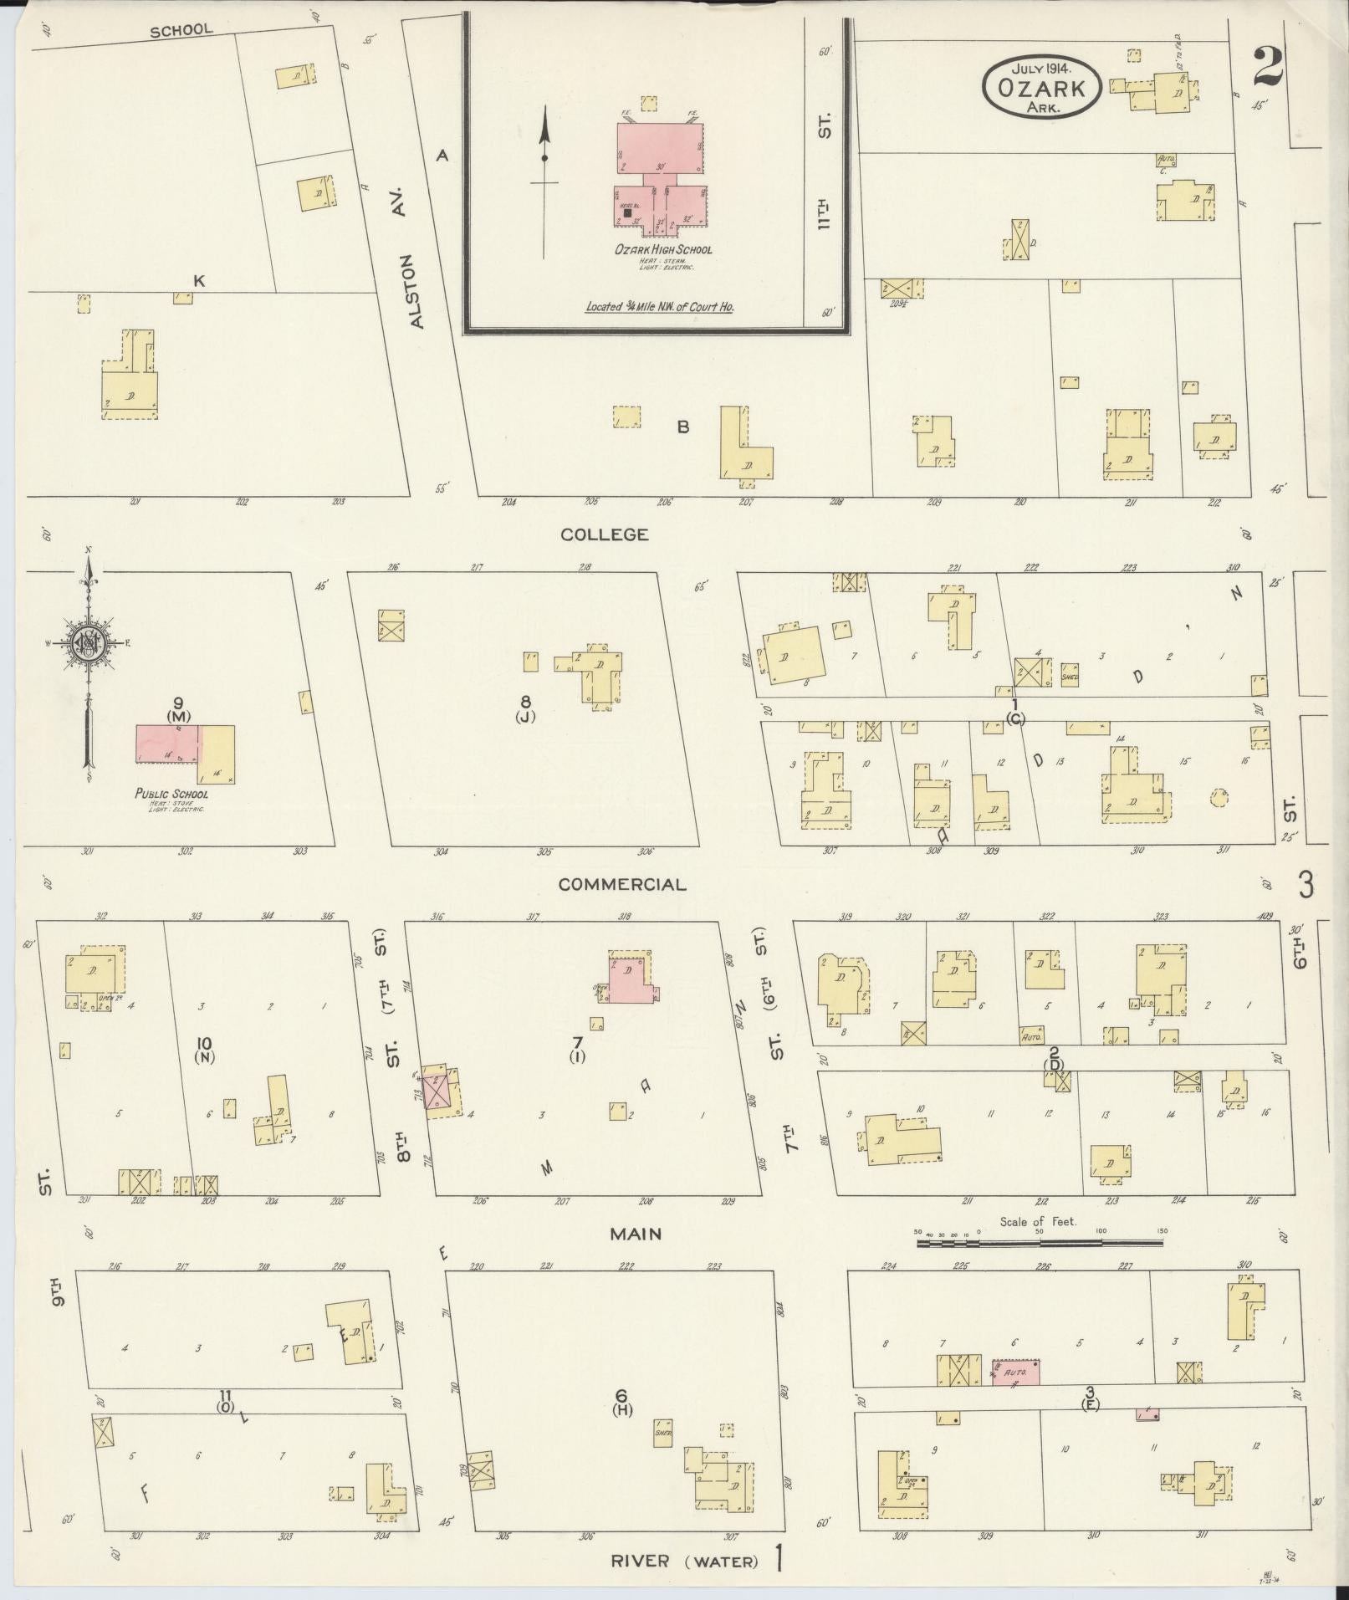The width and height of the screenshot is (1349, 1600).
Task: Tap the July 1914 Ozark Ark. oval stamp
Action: pyautogui.click(x=1041, y=87)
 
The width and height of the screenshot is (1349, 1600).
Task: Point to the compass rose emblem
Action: pyautogui.click(x=86, y=642)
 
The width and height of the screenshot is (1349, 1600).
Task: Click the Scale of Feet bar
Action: pyautogui.click(x=1040, y=1243)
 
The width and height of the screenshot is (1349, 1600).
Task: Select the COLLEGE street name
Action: pyautogui.click(x=605, y=534)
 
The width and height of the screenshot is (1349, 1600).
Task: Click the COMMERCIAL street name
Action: pyautogui.click(x=622, y=884)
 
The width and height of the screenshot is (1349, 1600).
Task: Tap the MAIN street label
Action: pyautogui.click(x=636, y=1233)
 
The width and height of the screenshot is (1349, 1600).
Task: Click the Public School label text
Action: pyautogui.click(x=171, y=794)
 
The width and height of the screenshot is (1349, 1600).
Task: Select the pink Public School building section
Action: pyautogui.click(x=168, y=744)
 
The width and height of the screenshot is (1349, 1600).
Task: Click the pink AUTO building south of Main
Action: pyautogui.click(x=1016, y=1373)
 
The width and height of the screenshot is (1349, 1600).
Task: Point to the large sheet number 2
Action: pyautogui.click(x=1268, y=68)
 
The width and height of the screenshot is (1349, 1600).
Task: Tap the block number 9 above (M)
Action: pyautogui.click(x=178, y=703)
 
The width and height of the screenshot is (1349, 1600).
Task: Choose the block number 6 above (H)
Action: pyautogui.click(x=621, y=1394)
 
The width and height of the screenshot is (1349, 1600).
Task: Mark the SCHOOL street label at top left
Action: pyautogui.click(x=181, y=30)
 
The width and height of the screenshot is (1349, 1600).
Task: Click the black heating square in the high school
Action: pyautogui.click(x=627, y=213)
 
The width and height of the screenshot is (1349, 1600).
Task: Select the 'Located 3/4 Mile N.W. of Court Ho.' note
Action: pyautogui.click(x=659, y=307)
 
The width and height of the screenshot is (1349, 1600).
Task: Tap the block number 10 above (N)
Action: pyautogui.click(x=203, y=1043)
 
